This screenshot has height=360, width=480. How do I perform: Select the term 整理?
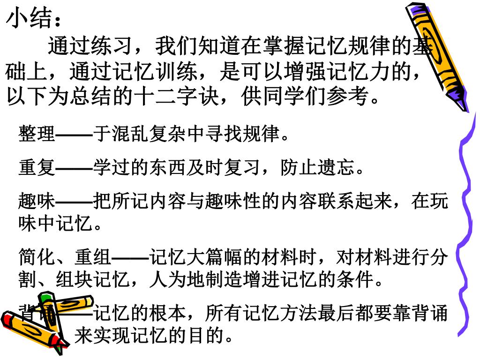[37, 135]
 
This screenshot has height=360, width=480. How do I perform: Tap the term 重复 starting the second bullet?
[37, 167]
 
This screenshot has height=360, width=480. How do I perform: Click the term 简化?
[37, 257]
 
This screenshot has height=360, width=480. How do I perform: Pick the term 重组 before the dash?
[93, 257]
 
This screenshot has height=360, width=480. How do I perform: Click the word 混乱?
[130, 135]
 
